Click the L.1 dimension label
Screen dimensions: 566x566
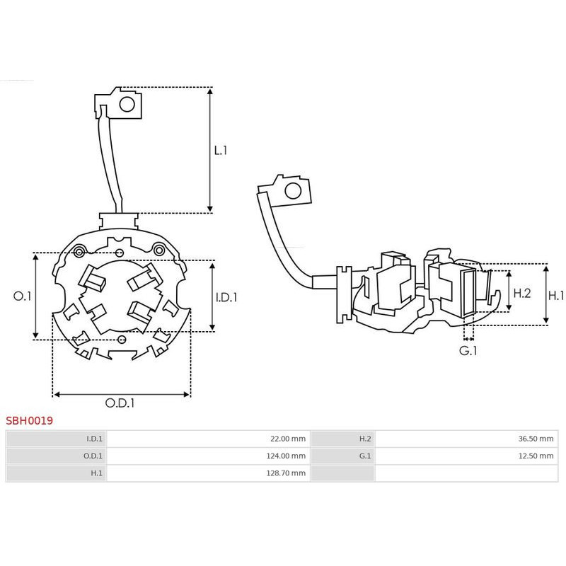[x=221, y=151]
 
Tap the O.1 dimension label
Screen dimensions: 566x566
[x=23, y=296]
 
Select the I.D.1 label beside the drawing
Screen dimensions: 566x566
[x=226, y=298]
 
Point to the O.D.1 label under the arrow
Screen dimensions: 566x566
[x=120, y=403]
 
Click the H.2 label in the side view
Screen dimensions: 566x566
[x=522, y=293]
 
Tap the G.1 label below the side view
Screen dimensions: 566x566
[x=468, y=350]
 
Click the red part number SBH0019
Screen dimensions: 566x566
[x=29, y=420]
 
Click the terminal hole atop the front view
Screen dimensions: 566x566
[x=127, y=105]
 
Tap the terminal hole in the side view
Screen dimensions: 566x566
[x=291, y=192]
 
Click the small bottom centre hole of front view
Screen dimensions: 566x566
[x=123, y=340]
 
